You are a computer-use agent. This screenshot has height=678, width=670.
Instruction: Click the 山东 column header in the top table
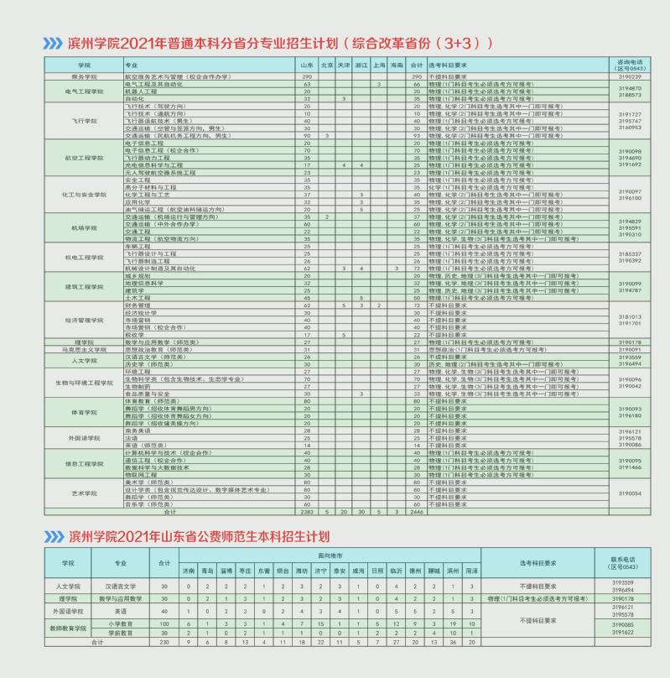(307, 64)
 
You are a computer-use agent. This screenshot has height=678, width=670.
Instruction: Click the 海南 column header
(397, 64)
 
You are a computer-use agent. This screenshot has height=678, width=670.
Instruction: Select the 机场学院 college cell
(84, 227)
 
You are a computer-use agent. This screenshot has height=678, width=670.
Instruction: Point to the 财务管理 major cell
(136, 305)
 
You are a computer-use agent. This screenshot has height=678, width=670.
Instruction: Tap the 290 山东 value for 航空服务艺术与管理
(307, 76)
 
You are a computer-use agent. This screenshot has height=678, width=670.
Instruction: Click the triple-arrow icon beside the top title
(52, 43)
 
